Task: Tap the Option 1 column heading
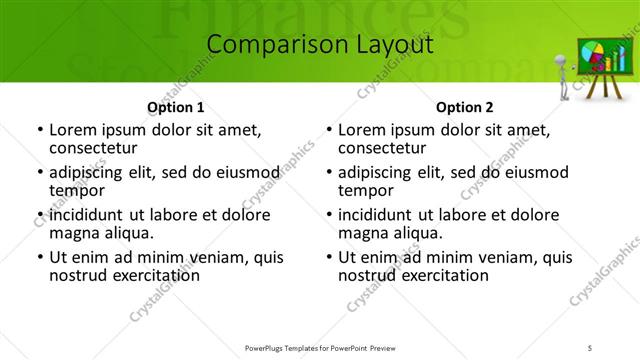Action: [175, 107]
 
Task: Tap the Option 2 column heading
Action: [464, 107]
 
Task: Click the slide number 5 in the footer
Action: [589, 346]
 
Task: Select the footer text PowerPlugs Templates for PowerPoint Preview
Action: [318, 346]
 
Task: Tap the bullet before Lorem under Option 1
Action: [39, 130]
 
